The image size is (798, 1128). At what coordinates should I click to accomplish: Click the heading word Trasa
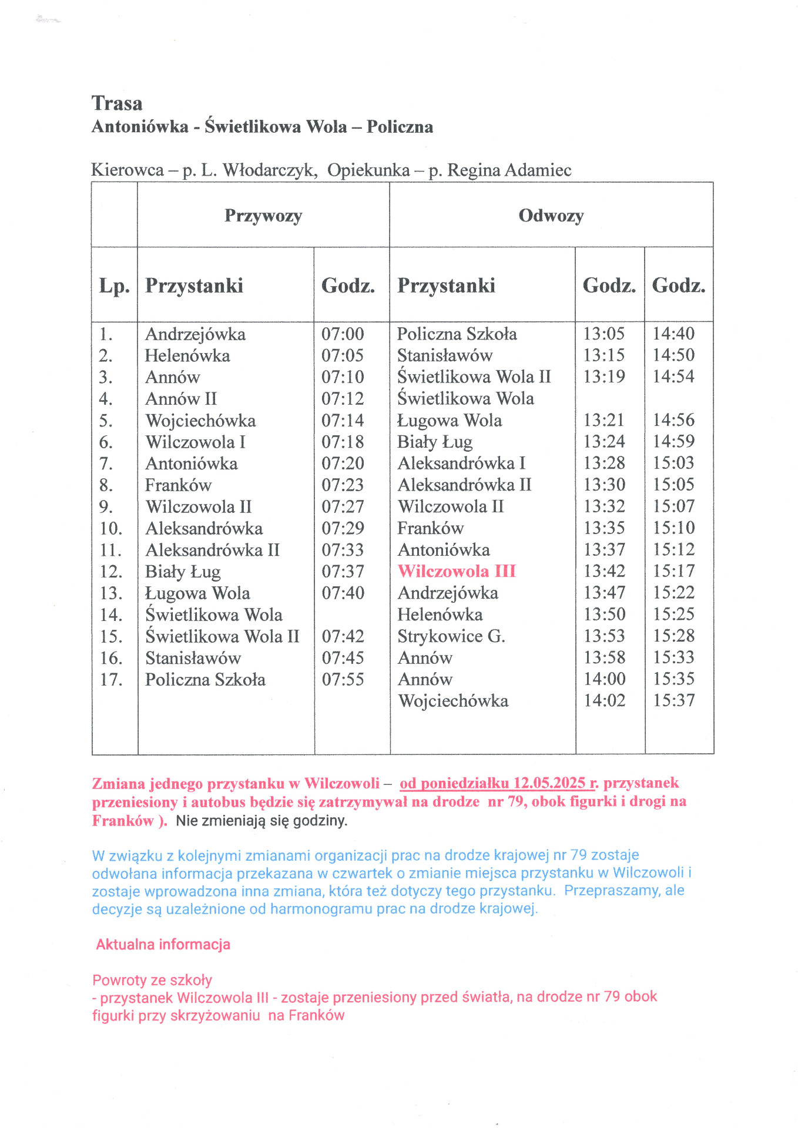pos(117,103)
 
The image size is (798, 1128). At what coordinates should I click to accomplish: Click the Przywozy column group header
pos(263,216)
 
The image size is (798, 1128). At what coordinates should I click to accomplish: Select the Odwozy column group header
pos(551,216)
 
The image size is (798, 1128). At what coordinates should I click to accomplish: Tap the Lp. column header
pos(114,286)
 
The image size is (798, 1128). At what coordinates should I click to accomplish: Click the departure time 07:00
pos(343,334)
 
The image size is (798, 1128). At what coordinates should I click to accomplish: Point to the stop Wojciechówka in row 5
pos(200,421)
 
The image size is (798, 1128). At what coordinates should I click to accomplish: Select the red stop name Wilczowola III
pos(457,571)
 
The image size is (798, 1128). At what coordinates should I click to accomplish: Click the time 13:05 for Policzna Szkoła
pos(603,334)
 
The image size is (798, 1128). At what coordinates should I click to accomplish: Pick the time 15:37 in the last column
pos(674,700)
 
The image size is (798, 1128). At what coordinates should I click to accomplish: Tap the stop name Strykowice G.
pos(451,636)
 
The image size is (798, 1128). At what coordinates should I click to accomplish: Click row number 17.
pos(111,680)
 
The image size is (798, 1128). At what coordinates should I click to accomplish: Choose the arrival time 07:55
pos(343,680)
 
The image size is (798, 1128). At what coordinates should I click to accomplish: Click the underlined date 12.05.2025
pos(549,783)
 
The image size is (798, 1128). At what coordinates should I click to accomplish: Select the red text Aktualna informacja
pos(163,945)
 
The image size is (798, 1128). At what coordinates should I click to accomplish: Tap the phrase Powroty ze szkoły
pos(152,980)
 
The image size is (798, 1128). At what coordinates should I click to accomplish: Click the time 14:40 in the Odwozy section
pos(673,334)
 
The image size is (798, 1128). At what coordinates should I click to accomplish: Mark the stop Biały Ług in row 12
pos(183,572)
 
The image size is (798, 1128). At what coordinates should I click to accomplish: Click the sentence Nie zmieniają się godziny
pos(261,821)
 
